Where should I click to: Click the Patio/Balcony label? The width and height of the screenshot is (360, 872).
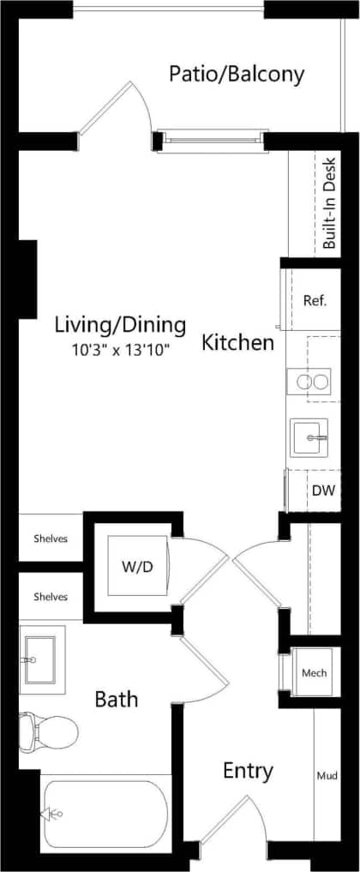[236, 75]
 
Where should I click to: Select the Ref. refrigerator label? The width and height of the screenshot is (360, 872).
[315, 301]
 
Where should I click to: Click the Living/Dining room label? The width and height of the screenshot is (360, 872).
[120, 325]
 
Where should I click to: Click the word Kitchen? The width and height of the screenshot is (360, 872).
[237, 344]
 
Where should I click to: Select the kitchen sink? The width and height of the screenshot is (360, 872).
[309, 437]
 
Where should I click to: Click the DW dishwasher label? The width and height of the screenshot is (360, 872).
[323, 492]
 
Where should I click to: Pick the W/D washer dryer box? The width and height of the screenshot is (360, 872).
[137, 567]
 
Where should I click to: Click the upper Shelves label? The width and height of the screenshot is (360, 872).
[51, 538]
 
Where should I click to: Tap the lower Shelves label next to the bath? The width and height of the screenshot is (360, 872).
[51, 596]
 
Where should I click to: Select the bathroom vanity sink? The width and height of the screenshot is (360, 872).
[40, 659]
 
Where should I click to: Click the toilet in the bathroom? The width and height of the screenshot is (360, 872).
[48, 731]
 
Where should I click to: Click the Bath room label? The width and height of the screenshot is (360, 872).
[117, 700]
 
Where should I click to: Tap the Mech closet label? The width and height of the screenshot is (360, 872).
[315, 673]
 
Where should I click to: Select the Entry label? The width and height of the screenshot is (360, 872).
[248, 771]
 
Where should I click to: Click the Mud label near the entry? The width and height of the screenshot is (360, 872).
[326, 776]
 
